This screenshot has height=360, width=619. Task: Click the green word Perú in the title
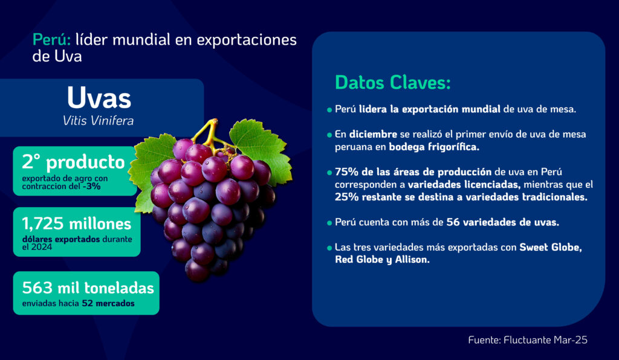click(x=51, y=40)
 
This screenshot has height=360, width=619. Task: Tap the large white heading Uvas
click(x=99, y=97)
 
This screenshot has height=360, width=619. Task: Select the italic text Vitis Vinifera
click(x=99, y=121)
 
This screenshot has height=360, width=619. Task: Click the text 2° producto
click(x=73, y=162)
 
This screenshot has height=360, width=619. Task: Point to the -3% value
click(x=91, y=187)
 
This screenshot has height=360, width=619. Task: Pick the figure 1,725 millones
click(x=77, y=224)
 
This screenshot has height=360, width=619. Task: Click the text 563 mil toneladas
click(x=88, y=288)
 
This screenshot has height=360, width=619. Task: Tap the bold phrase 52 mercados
click(x=108, y=304)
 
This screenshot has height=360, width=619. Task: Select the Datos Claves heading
click(x=392, y=83)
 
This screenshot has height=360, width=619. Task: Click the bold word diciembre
click(x=373, y=135)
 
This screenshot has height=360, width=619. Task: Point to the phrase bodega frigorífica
click(x=434, y=147)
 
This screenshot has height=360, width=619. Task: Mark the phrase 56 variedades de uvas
click(x=502, y=222)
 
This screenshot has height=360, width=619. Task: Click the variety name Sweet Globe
click(x=550, y=248)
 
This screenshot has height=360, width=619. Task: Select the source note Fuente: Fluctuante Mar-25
click(x=528, y=340)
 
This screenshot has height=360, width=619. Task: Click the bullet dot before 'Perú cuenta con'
click(x=329, y=223)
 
